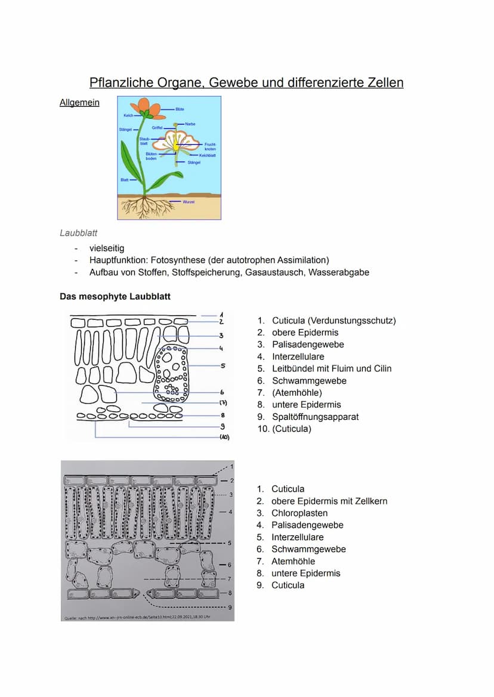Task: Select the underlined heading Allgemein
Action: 79,103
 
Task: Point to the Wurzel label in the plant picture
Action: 189,202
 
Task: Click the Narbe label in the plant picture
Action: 190,124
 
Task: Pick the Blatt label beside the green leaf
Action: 125,179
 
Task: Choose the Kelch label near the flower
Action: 128,115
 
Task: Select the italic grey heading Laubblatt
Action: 78,233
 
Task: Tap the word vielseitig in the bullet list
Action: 107,248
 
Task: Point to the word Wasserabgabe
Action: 338,272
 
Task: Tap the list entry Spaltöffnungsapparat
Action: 315,417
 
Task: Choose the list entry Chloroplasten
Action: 299,513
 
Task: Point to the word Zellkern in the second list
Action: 369,501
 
